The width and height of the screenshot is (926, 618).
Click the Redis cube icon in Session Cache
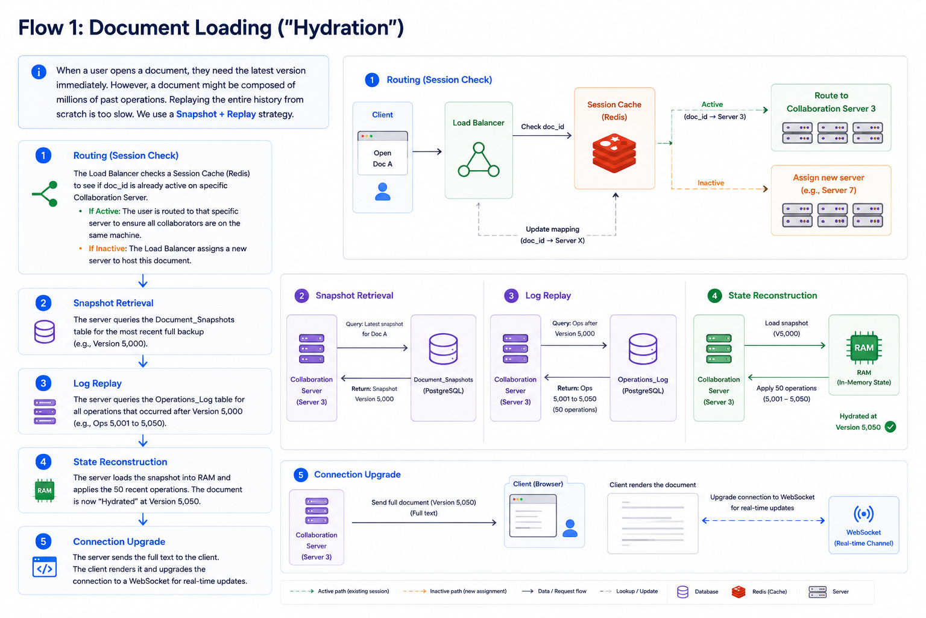click(x=614, y=153)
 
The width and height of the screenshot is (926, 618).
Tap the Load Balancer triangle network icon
click(x=479, y=159)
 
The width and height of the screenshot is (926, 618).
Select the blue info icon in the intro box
click(x=39, y=72)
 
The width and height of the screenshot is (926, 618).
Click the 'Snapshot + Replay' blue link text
click(x=216, y=114)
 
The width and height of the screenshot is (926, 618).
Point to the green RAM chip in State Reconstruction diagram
click(x=863, y=348)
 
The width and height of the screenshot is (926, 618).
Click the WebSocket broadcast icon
click(x=863, y=514)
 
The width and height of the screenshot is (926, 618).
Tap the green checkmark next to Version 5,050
click(x=890, y=427)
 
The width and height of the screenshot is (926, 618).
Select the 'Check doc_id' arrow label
click(x=543, y=127)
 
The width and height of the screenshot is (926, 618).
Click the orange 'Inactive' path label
click(x=711, y=182)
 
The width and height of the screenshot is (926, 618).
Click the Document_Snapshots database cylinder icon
click(x=443, y=349)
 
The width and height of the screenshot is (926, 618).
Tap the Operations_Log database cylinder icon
click(x=643, y=349)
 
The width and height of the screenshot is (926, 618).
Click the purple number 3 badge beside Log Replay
click(x=511, y=296)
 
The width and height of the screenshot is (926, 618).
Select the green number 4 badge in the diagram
click(x=714, y=296)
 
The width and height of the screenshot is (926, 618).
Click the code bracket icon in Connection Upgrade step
click(x=45, y=567)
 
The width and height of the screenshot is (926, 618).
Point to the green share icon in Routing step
click(x=45, y=194)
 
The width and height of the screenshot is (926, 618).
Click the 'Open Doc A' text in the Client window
click(x=382, y=159)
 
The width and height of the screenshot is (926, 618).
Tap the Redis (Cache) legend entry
click(x=760, y=591)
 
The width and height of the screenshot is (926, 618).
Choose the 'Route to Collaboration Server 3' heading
click(x=831, y=102)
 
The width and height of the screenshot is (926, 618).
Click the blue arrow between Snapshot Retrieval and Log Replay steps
click(x=143, y=362)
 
